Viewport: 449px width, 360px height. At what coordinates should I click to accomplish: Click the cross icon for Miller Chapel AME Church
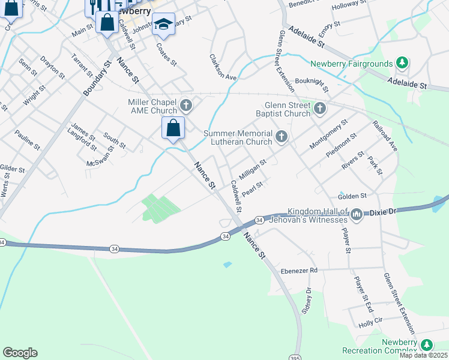point(186,106)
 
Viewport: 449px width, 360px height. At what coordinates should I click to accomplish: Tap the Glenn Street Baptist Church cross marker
point(320,109)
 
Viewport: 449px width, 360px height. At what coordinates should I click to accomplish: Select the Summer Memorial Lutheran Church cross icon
point(280,138)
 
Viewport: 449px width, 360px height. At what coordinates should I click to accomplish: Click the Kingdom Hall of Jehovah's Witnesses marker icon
point(356,214)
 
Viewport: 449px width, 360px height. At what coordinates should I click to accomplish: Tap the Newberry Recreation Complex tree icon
point(426,345)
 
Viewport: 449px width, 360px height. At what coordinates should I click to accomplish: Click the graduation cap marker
point(163,25)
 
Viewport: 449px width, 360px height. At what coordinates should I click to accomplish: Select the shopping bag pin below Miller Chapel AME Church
point(173,128)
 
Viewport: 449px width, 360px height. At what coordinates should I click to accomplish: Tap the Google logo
point(20,353)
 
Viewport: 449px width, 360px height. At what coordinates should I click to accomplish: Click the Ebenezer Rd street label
point(299,271)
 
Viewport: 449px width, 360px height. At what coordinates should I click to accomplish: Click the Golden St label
point(352,196)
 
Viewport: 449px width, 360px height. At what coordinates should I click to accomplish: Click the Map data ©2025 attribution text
point(423,355)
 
